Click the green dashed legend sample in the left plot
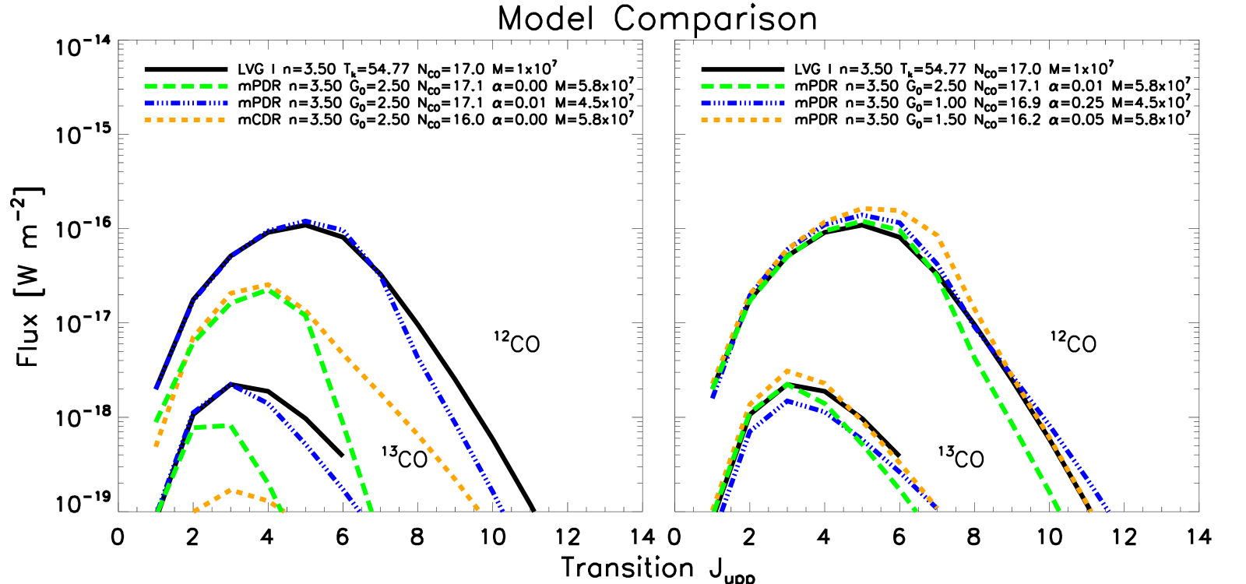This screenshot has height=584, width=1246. (186, 86)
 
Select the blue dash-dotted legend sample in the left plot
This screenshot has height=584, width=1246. (186, 103)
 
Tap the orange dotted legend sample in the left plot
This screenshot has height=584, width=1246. (186, 120)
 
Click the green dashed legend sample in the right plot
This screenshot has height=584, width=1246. (743, 86)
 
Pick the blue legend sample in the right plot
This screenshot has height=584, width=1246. (743, 103)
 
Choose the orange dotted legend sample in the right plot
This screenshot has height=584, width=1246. (743, 120)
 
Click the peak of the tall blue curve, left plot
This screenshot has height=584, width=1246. (306, 221)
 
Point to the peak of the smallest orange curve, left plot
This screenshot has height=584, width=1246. (231, 490)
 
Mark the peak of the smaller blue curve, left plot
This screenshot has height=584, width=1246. (231, 384)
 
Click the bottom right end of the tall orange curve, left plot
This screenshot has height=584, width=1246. (477, 510)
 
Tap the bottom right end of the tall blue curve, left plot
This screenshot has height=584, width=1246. (503, 511)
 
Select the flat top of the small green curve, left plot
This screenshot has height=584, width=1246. (210, 426)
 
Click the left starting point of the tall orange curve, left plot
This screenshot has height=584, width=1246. (157, 445)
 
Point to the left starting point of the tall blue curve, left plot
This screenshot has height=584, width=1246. (157, 387)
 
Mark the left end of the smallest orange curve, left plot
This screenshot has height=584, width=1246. (194, 511)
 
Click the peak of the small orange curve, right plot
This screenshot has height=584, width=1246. (788, 371)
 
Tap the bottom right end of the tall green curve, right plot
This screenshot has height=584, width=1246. (1059, 511)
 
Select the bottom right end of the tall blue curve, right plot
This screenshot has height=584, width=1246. (1107, 511)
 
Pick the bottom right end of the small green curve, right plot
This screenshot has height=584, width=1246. (916, 511)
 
